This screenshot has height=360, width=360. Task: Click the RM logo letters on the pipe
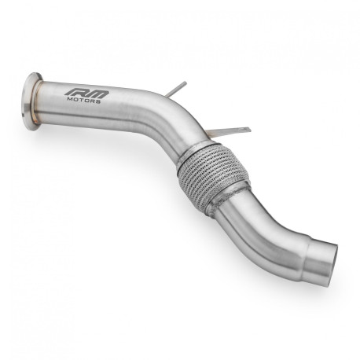(88, 94)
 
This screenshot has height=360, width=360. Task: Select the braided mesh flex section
(206, 174)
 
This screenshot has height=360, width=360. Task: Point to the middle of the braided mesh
(206, 174)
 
